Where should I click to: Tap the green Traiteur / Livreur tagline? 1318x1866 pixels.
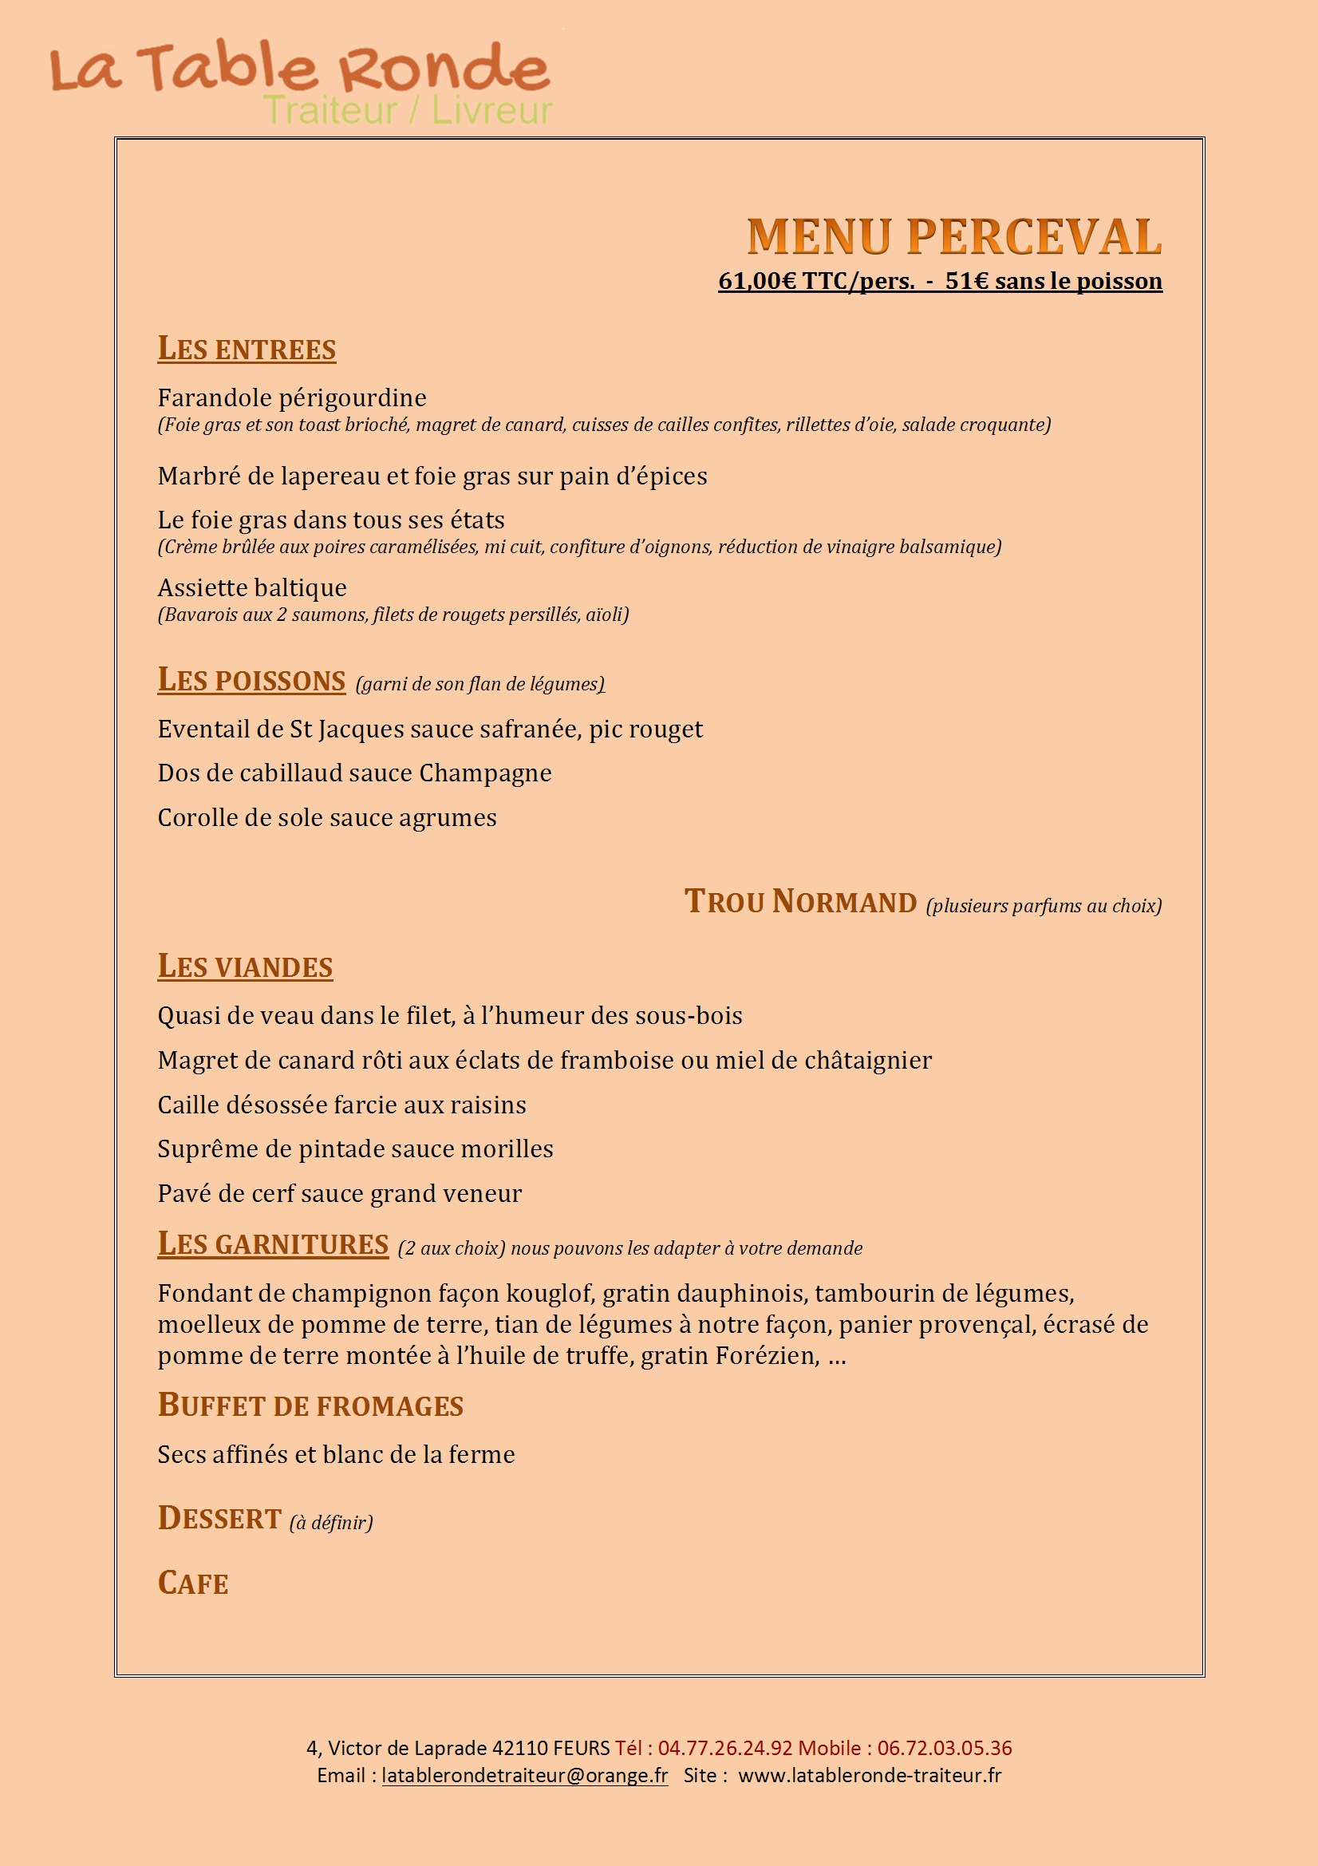[x=408, y=110]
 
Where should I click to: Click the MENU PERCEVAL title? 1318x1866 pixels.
[x=954, y=237]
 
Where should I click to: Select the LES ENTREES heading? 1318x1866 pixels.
[x=247, y=349]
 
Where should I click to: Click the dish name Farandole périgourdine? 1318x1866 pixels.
[x=292, y=397]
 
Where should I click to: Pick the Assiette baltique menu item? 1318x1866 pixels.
[x=252, y=587]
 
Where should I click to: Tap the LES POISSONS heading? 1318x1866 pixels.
[x=251, y=680]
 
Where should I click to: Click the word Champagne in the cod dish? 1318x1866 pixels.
[x=485, y=773]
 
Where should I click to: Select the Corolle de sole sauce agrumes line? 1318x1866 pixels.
[x=326, y=817]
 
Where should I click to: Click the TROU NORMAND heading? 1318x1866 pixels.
[x=800, y=902]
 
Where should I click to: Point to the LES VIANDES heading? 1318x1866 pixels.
[x=245, y=967]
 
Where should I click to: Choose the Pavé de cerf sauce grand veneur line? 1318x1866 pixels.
[x=340, y=1193]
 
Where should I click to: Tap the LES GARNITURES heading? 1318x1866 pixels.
[x=273, y=1244]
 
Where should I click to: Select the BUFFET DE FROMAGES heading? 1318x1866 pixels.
[x=310, y=1405]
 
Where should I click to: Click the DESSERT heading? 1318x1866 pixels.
[x=219, y=1518]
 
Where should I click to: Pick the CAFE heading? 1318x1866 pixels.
[x=192, y=1583]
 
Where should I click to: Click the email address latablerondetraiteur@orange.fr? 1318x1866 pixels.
[x=525, y=1775]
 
